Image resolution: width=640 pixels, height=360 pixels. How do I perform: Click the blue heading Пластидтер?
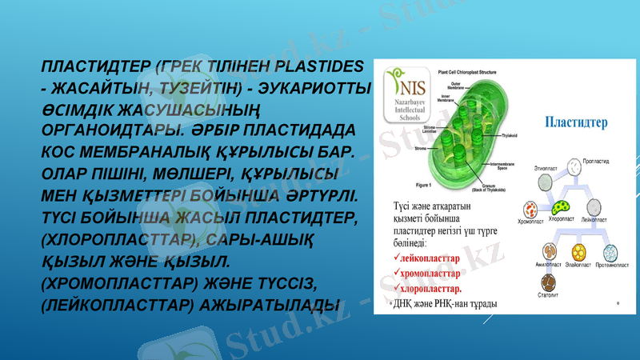575,122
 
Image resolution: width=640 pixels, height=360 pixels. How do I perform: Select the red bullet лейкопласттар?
430,258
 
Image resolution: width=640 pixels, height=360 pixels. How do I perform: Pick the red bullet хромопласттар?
431,273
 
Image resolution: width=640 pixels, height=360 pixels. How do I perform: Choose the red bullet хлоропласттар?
433,288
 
